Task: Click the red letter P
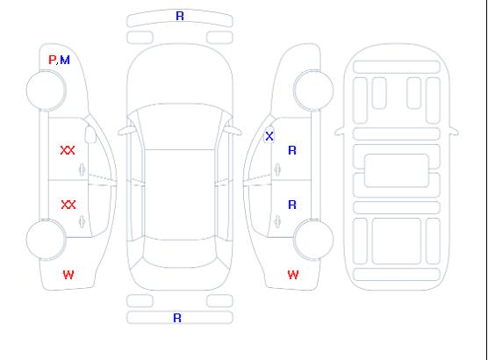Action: (53, 60)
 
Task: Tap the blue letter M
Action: (65, 60)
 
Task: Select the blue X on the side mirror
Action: (269, 136)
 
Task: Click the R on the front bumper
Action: (180, 16)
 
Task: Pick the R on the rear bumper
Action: (177, 318)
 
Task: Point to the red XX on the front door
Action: (68, 150)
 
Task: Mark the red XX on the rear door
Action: (68, 205)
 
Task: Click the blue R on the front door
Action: (292, 150)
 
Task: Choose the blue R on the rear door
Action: (292, 205)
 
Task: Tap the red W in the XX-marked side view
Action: (68, 275)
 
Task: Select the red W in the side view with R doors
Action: (293, 275)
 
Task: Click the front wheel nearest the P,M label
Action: (46, 90)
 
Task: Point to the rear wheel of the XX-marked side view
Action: (46, 240)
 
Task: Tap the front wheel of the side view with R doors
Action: (313, 90)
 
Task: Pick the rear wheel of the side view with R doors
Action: (313, 240)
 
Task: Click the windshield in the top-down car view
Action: (180, 126)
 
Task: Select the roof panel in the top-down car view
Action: (180, 195)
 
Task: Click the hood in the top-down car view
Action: (180, 75)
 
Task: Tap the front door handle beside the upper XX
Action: (82, 169)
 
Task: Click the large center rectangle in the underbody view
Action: (397, 170)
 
